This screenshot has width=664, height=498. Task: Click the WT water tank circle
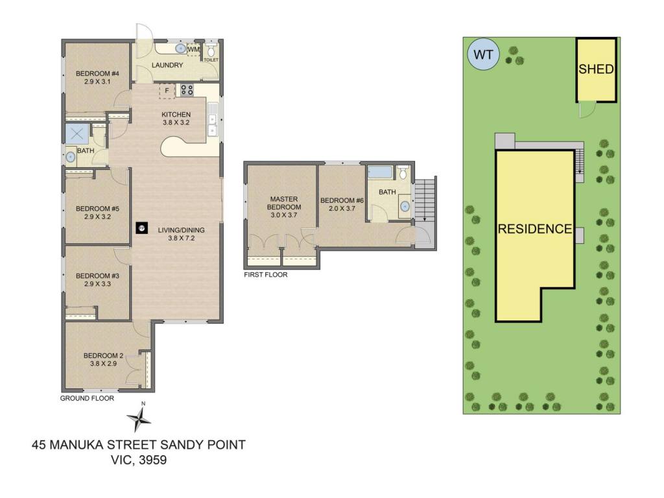click(x=482, y=54)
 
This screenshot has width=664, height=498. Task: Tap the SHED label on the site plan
click(x=597, y=69)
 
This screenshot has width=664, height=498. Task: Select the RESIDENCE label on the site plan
click(x=535, y=229)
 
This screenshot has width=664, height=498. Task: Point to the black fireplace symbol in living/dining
click(x=142, y=228)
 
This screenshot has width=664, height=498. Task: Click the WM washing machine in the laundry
click(x=193, y=49)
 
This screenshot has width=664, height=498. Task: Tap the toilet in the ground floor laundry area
click(x=211, y=51)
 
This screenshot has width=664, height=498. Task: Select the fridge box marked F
click(x=167, y=91)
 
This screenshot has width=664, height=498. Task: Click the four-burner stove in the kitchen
click(x=187, y=89)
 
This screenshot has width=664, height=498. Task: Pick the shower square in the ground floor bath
click(x=77, y=134)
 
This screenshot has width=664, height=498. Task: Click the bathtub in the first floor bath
click(x=380, y=172)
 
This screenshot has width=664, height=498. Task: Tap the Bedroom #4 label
click(x=97, y=74)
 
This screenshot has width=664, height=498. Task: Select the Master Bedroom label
click(x=284, y=203)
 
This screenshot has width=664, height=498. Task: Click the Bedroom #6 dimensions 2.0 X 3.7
click(x=342, y=208)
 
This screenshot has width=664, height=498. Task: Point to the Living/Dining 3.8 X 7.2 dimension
click(x=182, y=238)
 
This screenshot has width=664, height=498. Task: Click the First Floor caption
click(x=265, y=275)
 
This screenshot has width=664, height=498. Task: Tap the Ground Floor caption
click(x=87, y=398)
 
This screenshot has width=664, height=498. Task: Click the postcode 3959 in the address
click(x=153, y=460)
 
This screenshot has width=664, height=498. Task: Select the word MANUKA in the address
click(x=77, y=445)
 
